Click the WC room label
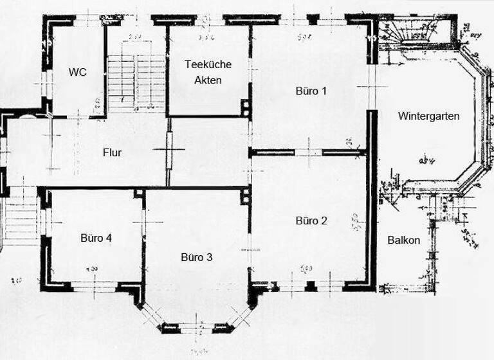(77, 72)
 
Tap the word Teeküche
(207, 64)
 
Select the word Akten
(207, 80)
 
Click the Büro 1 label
(311, 91)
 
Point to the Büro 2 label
(311, 221)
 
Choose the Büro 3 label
(197, 257)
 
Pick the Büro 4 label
(96, 238)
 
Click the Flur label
(112, 153)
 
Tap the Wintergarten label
(428, 116)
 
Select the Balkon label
(404, 240)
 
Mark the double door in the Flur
(170, 152)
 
